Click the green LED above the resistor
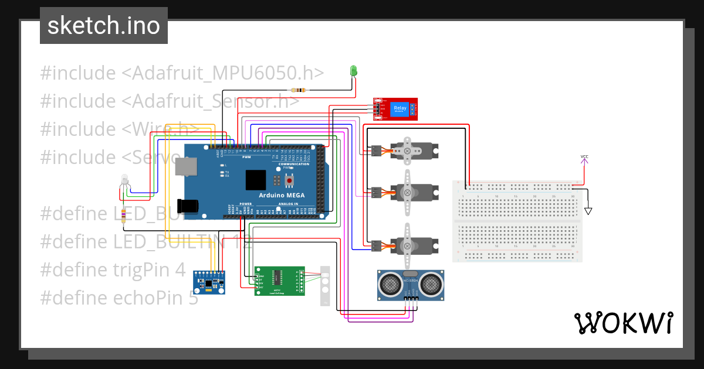point(353,71)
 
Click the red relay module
point(396,109)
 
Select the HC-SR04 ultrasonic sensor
point(410,285)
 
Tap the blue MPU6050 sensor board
point(209,282)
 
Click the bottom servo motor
point(414,245)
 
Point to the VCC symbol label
point(584,156)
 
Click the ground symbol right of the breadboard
point(588,210)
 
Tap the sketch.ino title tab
point(103,26)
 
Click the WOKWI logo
point(623,323)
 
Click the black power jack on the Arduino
point(189,206)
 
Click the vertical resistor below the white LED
point(123,216)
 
